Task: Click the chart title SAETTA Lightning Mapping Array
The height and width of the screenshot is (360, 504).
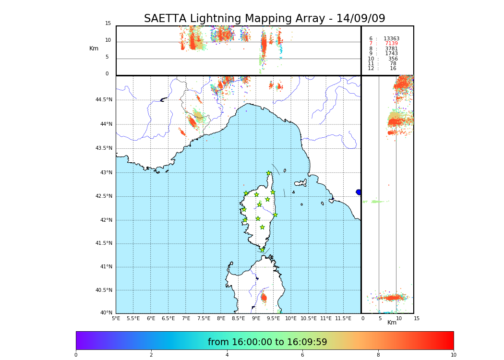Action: click(x=264, y=19)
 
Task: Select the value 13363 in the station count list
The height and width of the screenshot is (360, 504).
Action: click(x=391, y=39)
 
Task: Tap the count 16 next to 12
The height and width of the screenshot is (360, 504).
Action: click(x=393, y=69)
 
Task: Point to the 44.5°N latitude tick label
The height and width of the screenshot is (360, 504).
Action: click(x=104, y=100)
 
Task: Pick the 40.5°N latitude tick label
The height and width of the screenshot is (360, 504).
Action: click(x=104, y=290)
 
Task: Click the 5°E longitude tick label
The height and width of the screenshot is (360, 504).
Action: click(x=116, y=318)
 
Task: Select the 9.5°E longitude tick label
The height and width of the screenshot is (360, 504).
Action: click(x=274, y=318)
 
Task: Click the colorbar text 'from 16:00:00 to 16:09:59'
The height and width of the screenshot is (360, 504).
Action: click(x=267, y=342)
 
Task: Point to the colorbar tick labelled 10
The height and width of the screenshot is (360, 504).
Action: click(x=453, y=355)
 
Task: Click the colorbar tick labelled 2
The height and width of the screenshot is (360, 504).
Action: click(x=151, y=355)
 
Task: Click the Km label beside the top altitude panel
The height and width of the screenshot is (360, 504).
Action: click(x=94, y=48)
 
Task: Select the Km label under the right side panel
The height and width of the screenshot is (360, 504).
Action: click(x=392, y=323)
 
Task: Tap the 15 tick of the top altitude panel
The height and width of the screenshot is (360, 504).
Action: click(x=108, y=24)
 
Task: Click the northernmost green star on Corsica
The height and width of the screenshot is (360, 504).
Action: click(x=269, y=173)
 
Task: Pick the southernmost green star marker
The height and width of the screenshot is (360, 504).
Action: click(x=262, y=250)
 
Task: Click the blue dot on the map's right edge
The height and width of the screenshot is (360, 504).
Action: click(x=359, y=192)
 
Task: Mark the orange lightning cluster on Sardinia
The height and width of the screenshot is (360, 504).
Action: click(x=264, y=298)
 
